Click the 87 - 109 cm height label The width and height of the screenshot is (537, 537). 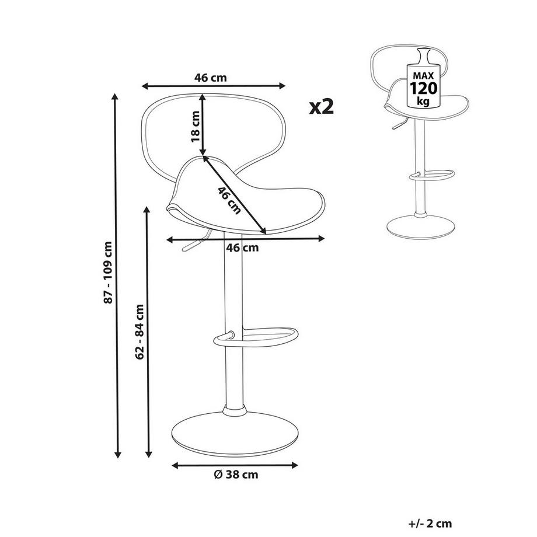point(108,273)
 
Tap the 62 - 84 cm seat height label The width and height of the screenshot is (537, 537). point(140,331)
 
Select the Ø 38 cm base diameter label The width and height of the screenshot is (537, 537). point(236,475)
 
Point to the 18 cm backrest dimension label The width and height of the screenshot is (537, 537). point(195,127)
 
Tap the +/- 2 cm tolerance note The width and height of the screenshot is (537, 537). point(431,524)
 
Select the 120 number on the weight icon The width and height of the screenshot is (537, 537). point(423,88)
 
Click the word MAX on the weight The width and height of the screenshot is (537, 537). point(423,76)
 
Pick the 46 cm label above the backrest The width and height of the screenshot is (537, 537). point(211,78)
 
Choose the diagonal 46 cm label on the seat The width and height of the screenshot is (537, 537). point(229,201)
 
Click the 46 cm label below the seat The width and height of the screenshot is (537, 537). point(242,247)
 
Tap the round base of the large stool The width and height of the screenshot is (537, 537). point(235,434)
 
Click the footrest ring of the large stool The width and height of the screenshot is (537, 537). point(256,337)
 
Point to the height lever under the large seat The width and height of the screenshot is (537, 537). point(196,242)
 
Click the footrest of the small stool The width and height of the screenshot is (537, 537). point(432,175)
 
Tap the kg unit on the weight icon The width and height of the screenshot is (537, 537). point(423,101)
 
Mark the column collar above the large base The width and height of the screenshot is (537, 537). point(235,410)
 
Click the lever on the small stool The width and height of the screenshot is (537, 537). point(399,123)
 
